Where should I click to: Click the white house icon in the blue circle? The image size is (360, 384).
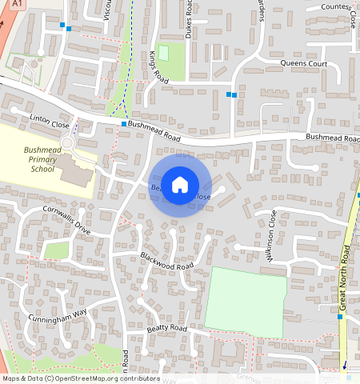click(x=180, y=185)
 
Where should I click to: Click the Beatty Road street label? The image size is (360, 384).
click(x=166, y=329)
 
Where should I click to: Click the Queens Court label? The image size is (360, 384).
click(x=304, y=62)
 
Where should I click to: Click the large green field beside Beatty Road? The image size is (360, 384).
click(x=245, y=301)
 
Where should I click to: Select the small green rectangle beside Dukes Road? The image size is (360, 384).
click(x=164, y=53)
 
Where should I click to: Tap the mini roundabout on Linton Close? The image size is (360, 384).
click(x=66, y=143)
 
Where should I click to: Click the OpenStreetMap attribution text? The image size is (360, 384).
click(x=80, y=378)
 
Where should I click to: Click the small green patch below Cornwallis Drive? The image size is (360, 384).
click(x=56, y=250)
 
